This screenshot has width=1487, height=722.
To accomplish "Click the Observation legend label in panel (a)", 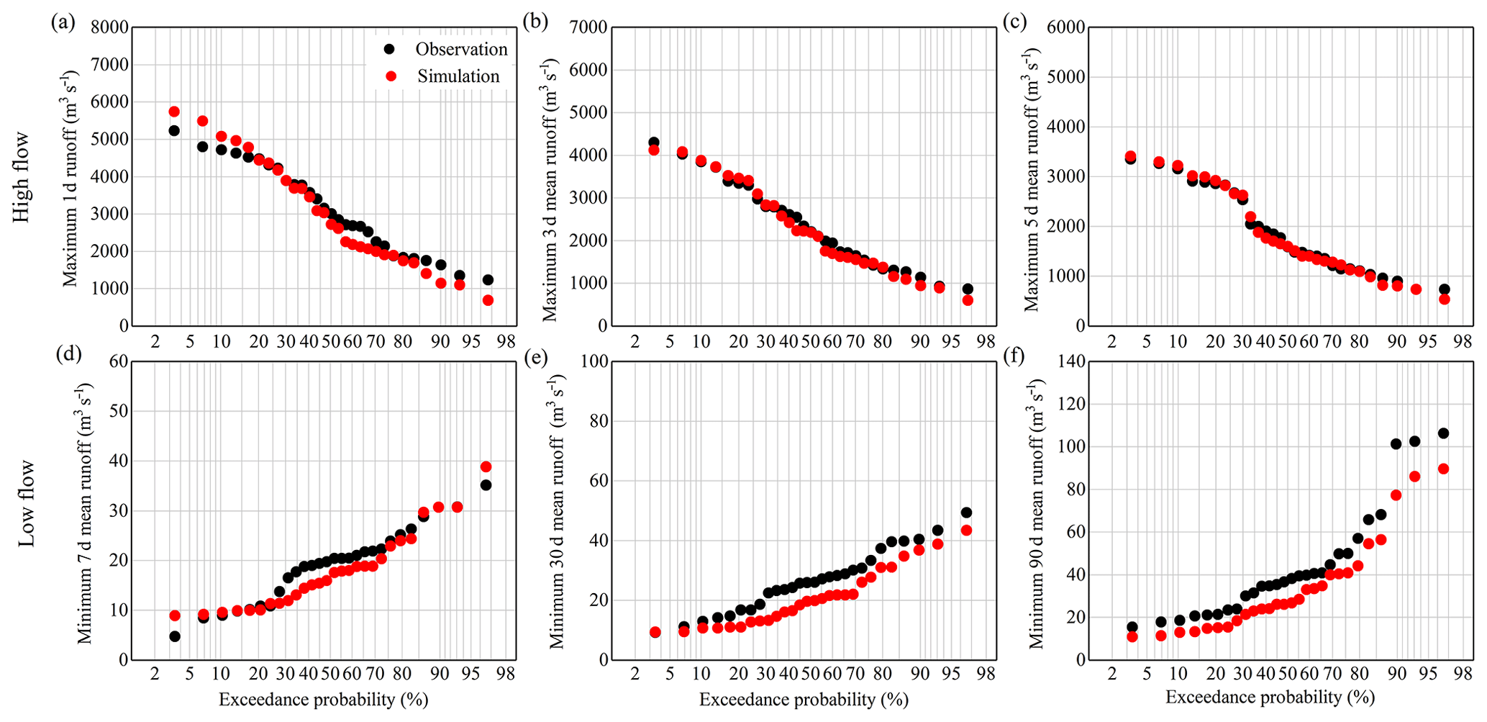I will pos(461,49).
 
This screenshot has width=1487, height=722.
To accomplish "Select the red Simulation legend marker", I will pos(390,76).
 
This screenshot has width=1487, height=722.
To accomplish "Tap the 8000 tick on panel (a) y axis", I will pos(110,27).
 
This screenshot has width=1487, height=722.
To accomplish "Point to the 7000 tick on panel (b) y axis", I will pos(588,27).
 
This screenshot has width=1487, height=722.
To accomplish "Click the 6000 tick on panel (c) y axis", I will pos(1065,27).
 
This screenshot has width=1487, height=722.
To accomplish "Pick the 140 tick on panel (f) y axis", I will pos(1070,361).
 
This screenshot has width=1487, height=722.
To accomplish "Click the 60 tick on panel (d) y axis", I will pos(118,361).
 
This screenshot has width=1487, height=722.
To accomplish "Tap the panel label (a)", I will pos(63,22).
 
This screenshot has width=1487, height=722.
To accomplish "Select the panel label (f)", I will pos(1014,357).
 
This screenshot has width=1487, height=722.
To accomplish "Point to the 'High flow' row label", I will pos(22,176).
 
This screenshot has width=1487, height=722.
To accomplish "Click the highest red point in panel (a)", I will pos(174,112).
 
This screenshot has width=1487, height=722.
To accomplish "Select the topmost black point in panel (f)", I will pos(1443,433).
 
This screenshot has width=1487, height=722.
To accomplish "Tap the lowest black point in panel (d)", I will pos(174,636).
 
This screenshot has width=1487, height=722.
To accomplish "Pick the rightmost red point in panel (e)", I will pos(966,530).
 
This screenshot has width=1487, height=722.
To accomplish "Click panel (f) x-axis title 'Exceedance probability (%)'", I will pos(1270,697).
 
